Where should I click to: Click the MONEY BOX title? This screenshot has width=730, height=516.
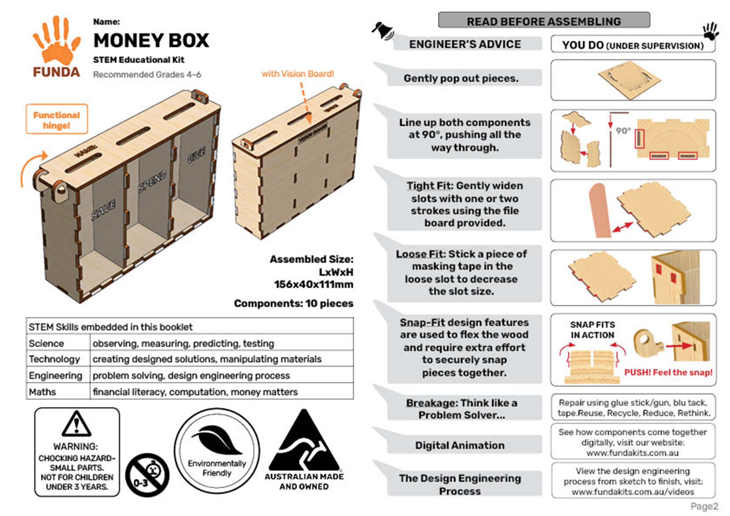151,41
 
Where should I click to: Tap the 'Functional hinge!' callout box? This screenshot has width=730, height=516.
57,119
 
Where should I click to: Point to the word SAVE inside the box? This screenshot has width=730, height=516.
104,210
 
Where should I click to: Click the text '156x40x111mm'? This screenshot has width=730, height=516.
313,284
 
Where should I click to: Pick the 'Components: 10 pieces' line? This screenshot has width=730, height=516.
293,303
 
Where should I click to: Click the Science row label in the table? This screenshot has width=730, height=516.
46,343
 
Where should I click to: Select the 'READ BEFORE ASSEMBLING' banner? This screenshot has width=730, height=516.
544,21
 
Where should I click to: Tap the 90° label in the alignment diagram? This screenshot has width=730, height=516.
623,131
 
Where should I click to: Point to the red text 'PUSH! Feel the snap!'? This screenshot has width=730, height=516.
668,372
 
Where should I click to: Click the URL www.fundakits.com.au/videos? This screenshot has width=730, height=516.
633,492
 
